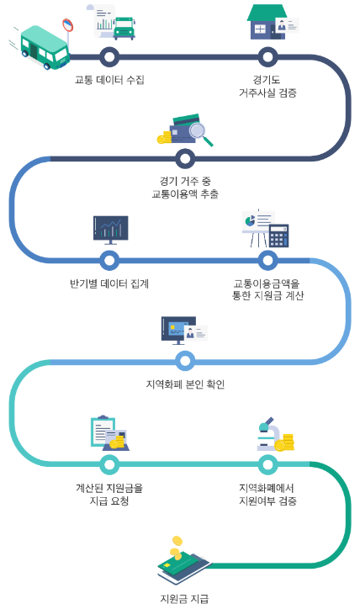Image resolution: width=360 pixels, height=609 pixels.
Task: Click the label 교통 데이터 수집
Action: (x=109, y=80)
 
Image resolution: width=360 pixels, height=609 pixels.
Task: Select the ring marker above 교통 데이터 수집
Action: (x=109, y=57)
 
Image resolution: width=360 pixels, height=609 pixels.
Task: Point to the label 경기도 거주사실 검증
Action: (x=267, y=86)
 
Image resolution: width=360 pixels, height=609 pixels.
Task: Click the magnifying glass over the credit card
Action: (x=200, y=132)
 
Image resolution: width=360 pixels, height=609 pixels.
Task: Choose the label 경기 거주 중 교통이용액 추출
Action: (x=184, y=187)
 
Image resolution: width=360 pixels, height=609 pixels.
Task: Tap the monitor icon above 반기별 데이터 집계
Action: (x=110, y=230)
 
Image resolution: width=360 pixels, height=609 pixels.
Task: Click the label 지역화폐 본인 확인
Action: (x=185, y=384)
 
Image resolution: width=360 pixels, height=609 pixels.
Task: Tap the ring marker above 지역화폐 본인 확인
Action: (x=185, y=361)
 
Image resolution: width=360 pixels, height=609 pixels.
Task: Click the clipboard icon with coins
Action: (x=109, y=432)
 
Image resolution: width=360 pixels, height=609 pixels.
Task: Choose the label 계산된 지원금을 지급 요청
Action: (x=109, y=494)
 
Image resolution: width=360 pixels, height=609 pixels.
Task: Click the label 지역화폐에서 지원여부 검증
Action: (x=267, y=494)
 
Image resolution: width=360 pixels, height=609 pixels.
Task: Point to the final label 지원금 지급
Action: (x=183, y=599)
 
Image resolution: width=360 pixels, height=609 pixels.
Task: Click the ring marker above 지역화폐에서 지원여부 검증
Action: (x=267, y=463)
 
